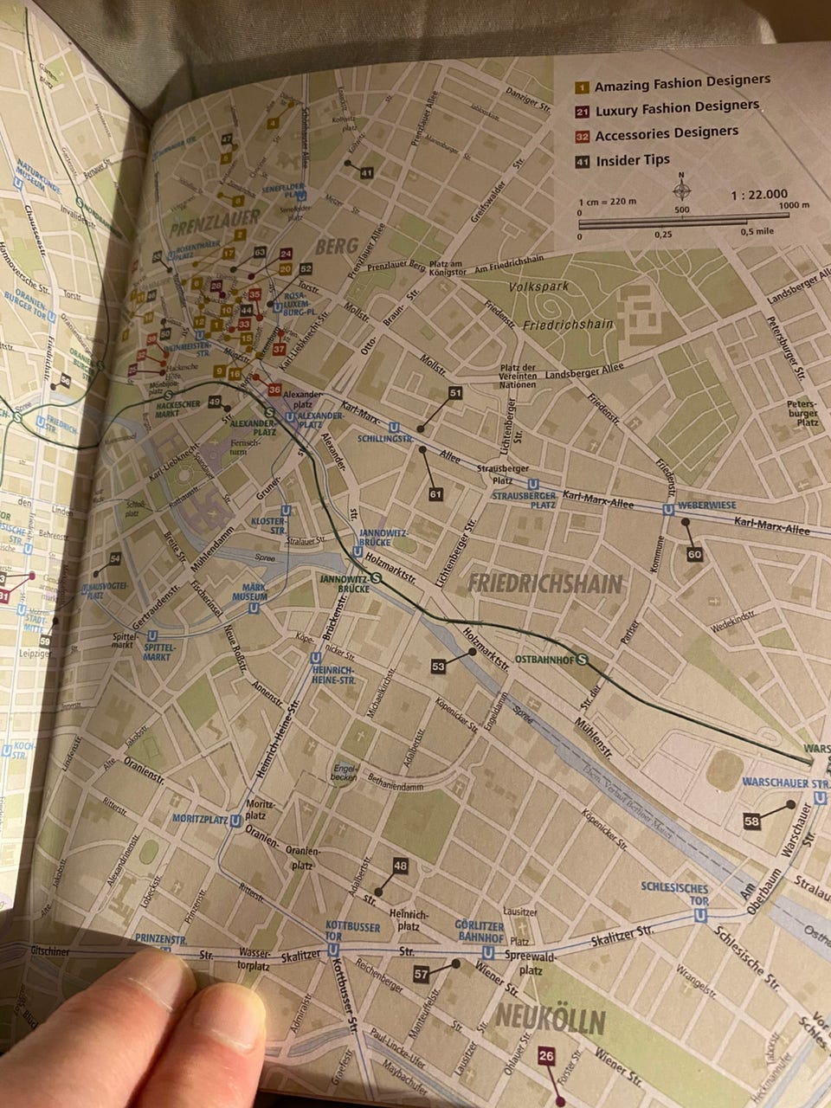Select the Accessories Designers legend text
pos(667,133)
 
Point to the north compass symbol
pos(682,188)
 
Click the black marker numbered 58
pos(751,820)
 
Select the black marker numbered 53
pos(437,666)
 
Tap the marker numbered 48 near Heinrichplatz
pos(399,866)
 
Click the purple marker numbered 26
pos(545,1056)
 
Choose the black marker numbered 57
pos(422,974)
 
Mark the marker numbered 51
pos(456,393)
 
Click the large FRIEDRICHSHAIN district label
pos(545,583)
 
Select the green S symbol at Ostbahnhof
pos(583,659)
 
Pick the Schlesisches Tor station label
pos(675,894)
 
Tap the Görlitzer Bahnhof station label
pos(479,931)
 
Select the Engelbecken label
pos(345,773)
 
